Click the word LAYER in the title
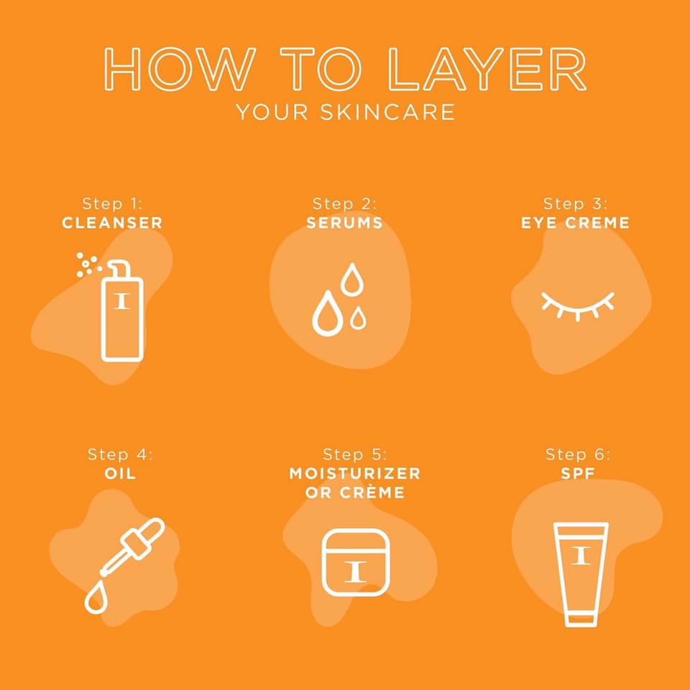pyautogui.click(x=487, y=69)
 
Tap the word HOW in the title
pyautogui.click(x=180, y=69)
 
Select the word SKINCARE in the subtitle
pyautogui.click(x=387, y=112)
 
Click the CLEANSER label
pyautogui.click(x=112, y=223)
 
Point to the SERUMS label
pyautogui.click(x=344, y=223)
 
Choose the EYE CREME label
pyautogui.click(x=575, y=223)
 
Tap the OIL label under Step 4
pyautogui.click(x=120, y=474)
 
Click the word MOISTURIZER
pyautogui.click(x=354, y=474)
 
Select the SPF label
pyautogui.click(x=578, y=474)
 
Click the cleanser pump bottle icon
pyautogui.click(x=122, y=311)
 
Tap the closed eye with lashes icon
pyautogui.click(x=577, y=305)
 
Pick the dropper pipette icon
pyautogui.click(x=132, y=547)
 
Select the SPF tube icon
pyautogui.click(x=581, y=574)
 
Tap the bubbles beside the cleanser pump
pyautogui.click(x=88, y=264)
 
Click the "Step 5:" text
pyautogui.click(x=354, y=454)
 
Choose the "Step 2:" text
pyautogui.click(x=344, y=203)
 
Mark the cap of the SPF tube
pyautogui.click(x=581, y=620)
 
